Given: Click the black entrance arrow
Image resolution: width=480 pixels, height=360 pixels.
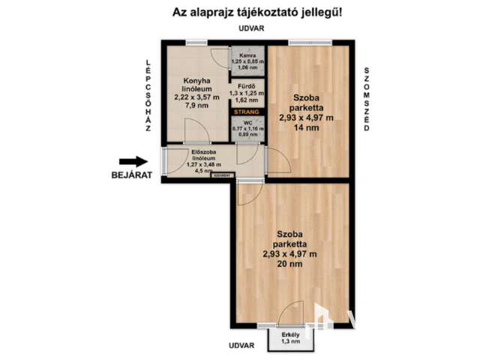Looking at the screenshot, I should click(x=133, y=161).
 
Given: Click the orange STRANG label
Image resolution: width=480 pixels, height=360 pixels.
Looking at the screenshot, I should click(x=247, y=112).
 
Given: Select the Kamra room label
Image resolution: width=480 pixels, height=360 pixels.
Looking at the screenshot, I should click(x=247, y=55).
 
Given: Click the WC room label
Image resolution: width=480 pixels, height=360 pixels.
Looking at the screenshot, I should click(x=247, y=122).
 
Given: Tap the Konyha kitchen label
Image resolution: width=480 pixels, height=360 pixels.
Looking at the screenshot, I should click(x=195, y=81).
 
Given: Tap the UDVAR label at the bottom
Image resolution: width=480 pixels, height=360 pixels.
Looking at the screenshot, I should click(x=242, y=346).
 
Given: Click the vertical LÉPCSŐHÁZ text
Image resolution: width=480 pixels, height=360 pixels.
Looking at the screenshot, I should click(x=148, y=95).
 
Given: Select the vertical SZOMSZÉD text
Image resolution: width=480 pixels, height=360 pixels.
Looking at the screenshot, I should click(x=367, y=99).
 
